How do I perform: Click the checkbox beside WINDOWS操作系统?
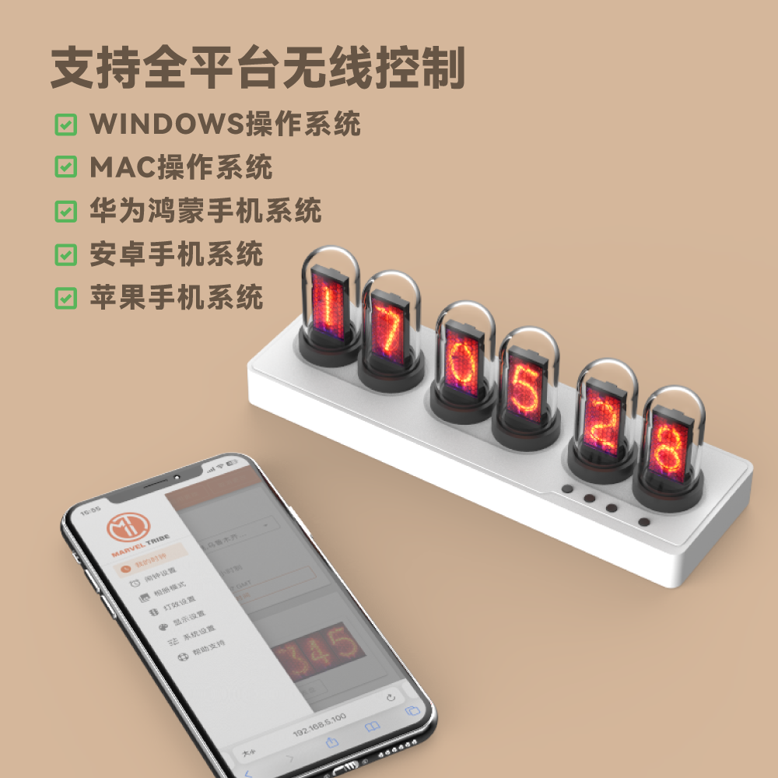[x=66, y=124]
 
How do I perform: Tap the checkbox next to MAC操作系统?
[x=66, y=166]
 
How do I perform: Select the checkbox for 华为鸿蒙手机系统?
[x=66, y=210]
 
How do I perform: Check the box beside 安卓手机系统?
[x=66, y=254]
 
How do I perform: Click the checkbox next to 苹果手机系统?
[x=66, y=297]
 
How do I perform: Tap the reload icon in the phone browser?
[x=391, y=698]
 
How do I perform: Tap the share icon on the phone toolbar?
[x=331, y=743]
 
